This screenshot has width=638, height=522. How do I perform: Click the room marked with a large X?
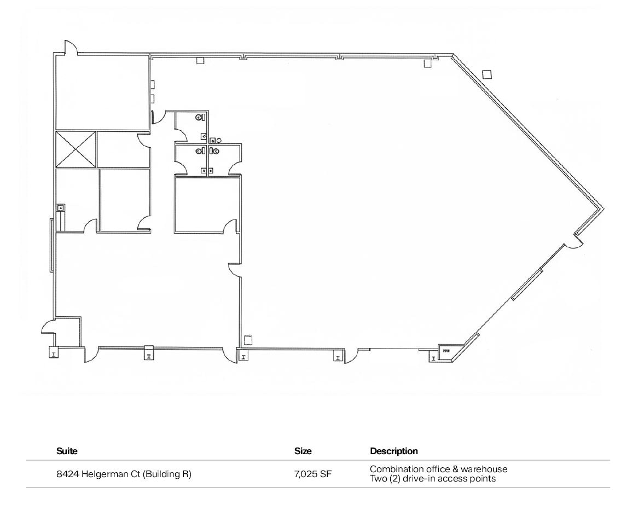coord(76,149)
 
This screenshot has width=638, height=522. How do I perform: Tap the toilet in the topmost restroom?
coord(200,117)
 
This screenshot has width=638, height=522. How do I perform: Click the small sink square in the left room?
coord(61,207)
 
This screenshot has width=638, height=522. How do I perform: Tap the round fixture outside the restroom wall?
coord(218,140)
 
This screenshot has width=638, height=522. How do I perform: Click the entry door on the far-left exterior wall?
coord(48,326)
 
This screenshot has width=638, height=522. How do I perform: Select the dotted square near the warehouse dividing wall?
coord(248,340)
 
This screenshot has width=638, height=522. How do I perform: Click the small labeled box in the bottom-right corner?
coord(446,351)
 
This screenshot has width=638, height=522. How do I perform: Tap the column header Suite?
coord(67,451)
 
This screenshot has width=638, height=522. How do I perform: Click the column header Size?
coord(303,451)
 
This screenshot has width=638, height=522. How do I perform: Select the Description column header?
coord(393,451)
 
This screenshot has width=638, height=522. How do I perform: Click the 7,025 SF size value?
coord(312,474)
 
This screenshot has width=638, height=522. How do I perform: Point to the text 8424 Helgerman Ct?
coord(98,474)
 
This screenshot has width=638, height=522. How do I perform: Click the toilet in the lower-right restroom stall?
coord(216,150)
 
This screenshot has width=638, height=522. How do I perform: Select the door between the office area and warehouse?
coord(234,269)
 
